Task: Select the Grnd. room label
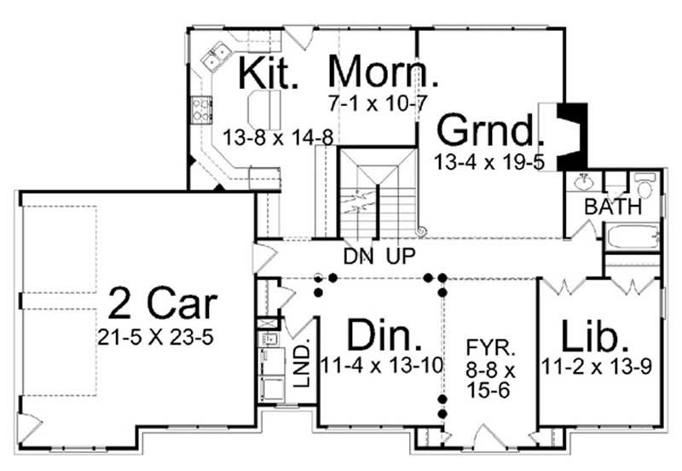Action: (489, 131)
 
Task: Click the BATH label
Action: (606, 207)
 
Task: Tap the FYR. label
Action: (489, 349)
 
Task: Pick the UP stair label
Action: (402, 255)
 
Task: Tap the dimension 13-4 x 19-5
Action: (490, 162)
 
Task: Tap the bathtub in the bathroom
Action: (632, 236)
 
